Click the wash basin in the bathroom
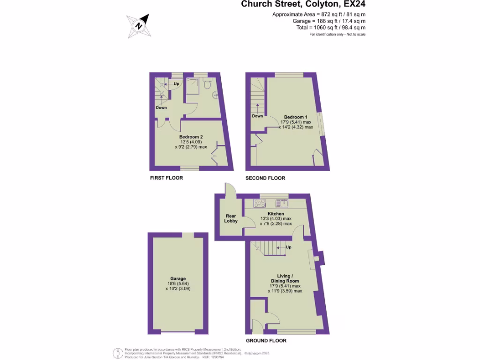tap(215, 95)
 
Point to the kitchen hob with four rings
tap(259, 203)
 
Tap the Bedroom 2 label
tap(191, 137)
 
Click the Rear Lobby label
tap(231, 218)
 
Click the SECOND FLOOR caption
tap(265, 178)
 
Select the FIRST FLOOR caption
tap(166, 178)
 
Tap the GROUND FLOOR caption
tap(266, 341)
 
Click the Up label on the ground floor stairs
tap(289, 247)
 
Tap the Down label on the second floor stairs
tap(257, 116)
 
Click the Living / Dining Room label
tap(285, 278)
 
